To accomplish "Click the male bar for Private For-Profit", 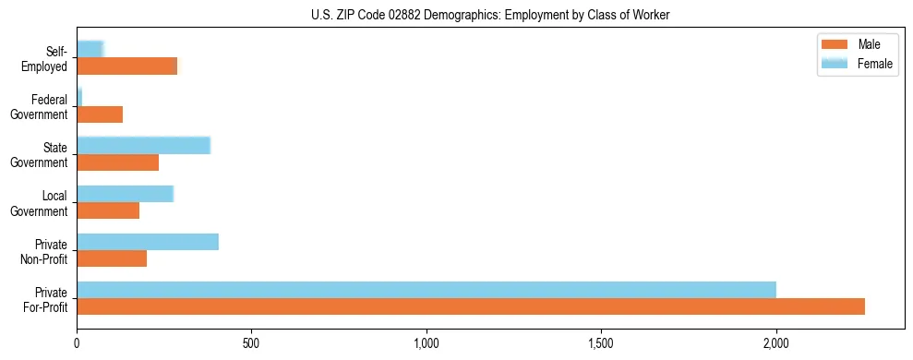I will pos(471,306).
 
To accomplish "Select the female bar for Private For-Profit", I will pos(426,290).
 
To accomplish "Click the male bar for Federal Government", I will pos(100,114).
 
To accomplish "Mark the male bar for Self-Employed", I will pos(126,66).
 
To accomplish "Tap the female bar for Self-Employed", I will pos(90,50).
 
